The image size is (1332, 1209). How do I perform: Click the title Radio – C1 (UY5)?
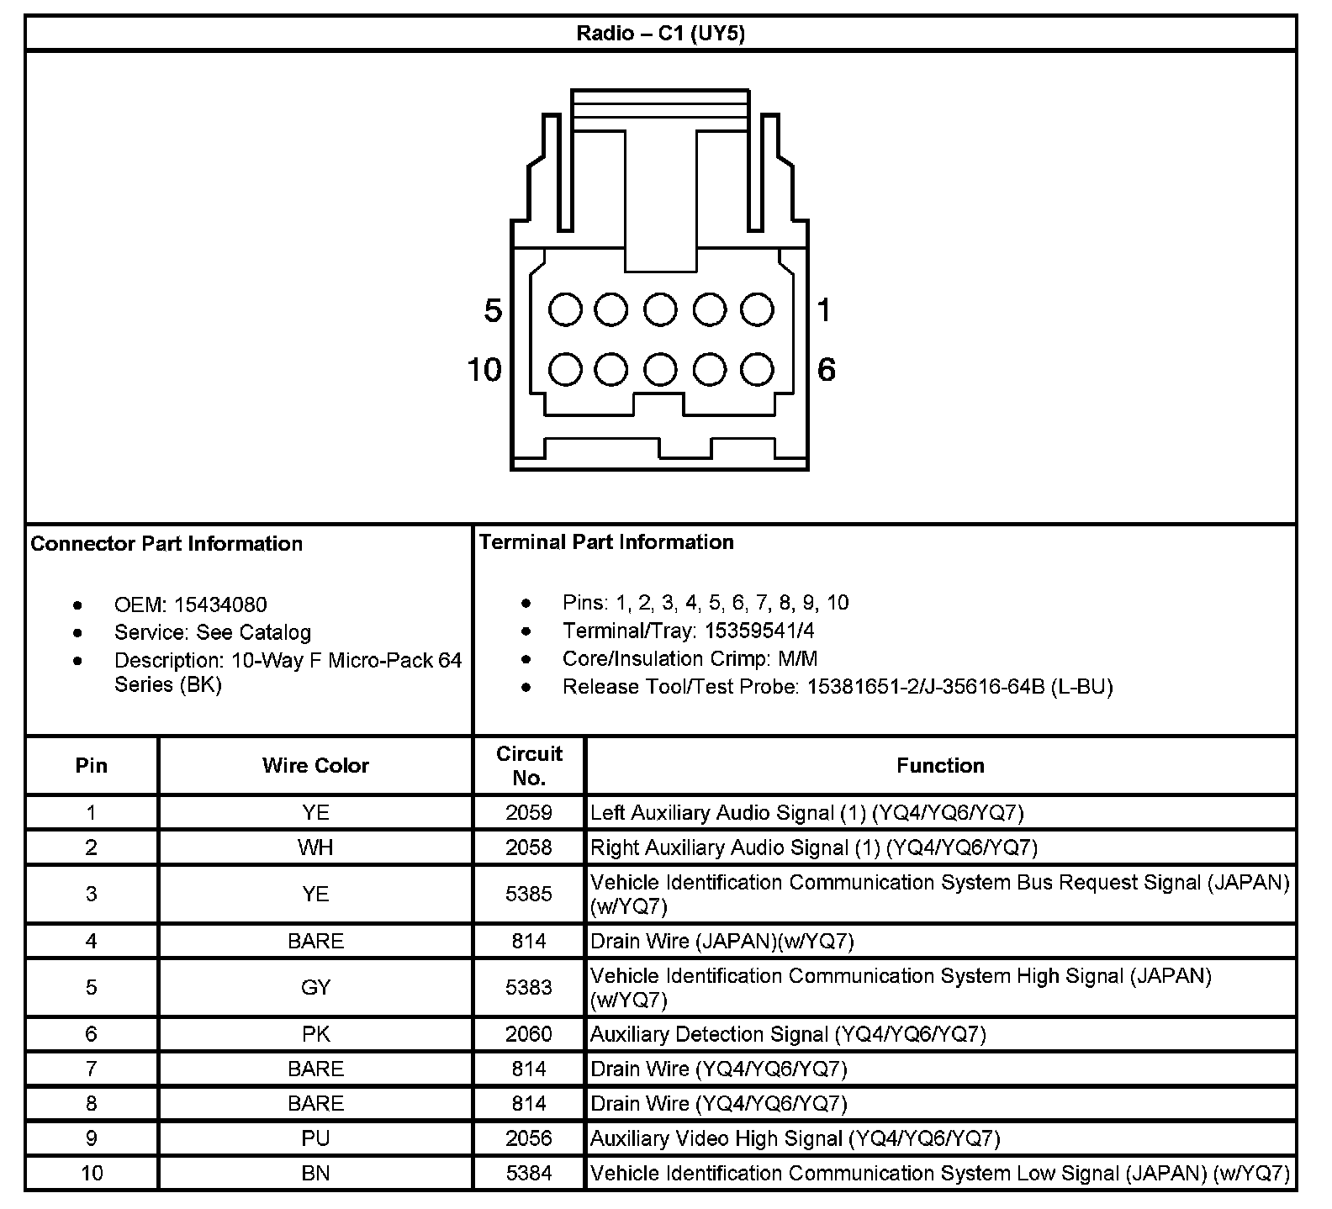[x=660, y=34]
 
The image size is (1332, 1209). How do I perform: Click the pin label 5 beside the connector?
[x=493, y=311]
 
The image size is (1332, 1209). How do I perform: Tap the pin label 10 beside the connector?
[x=484, y=369]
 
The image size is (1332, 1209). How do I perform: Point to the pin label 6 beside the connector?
[x=826, y=369]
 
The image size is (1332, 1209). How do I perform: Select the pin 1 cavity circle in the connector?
[x=757, y=309]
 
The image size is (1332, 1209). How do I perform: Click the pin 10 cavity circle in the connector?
[x=565, y=369]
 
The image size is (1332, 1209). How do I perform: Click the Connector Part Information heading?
[x=166, y=543]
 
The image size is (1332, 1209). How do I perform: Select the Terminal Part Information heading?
[x=606, y=542]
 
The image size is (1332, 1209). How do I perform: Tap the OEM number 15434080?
[x=220, y=604]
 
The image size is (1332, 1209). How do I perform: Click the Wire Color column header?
[x=315, y=765]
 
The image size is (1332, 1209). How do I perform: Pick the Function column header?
[x=940, y=765]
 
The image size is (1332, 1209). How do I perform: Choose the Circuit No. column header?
[x=529, y=765]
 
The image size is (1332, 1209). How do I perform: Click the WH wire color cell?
[x=315, y=847]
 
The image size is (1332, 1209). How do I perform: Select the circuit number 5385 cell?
[x=529, y=894]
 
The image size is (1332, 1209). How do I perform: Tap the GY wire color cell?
[x=315, y=987]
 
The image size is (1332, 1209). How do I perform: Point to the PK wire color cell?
[x=315, y=1034]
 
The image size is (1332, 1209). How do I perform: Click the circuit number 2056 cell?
[x=529, y=1138]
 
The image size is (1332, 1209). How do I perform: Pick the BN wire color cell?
[x=315, y=1173]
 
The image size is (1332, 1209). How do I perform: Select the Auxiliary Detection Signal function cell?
[x=788, y=1034]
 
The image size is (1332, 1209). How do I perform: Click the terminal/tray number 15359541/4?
[x=759, y=631]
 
